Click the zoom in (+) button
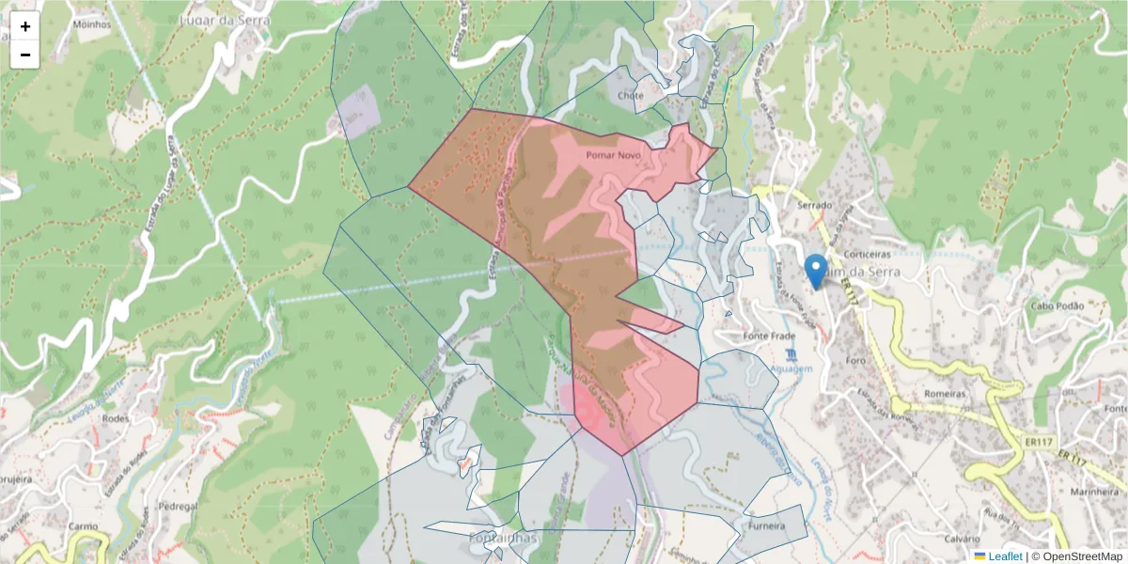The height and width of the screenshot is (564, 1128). click(25, 26)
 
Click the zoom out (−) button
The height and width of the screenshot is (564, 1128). click(25, 55)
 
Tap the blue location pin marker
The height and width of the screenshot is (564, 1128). click(817, 270)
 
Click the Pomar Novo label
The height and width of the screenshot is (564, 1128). click(613, 154)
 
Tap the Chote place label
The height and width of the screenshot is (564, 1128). click(631, 96)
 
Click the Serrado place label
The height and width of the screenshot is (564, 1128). click(815, 204)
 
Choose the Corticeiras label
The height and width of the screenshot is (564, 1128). click(867, 255)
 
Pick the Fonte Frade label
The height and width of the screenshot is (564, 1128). click(769, 337)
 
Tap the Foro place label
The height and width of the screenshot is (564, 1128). click(854, 360)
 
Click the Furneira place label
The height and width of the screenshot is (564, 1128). click(767, 526)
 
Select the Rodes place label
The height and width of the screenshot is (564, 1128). click(115, 418)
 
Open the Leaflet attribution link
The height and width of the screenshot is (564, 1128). click(1005, 556)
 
